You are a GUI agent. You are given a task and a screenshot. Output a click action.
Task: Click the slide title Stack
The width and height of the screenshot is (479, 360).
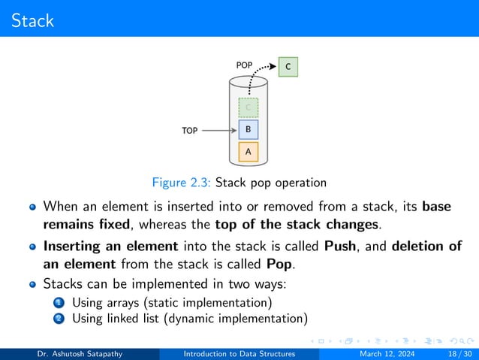tap(33, 20)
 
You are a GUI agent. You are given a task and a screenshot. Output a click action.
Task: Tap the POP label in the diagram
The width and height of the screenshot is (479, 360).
tap(245, 65)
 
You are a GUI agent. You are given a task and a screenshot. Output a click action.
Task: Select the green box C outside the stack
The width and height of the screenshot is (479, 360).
tap(288, 68)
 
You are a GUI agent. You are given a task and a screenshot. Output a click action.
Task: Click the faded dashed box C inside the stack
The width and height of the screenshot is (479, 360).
tap(248, 107)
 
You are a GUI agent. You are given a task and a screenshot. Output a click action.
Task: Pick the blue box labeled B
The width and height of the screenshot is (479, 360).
tap(248, 129)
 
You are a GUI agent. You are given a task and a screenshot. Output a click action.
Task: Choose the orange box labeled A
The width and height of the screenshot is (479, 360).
tap(248, 153)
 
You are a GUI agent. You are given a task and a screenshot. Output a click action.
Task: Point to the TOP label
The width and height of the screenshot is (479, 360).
tap(190, 130)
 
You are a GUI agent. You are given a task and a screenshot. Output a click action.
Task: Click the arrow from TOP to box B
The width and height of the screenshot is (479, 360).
tap(219, 130)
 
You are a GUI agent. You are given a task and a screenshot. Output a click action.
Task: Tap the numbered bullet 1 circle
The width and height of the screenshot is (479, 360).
tap(59, 303)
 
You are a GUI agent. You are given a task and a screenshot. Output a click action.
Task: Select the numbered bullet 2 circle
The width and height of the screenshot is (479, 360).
tap(59, 319)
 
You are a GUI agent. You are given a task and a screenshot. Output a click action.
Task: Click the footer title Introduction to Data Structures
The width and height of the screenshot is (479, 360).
tap(239, 354)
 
